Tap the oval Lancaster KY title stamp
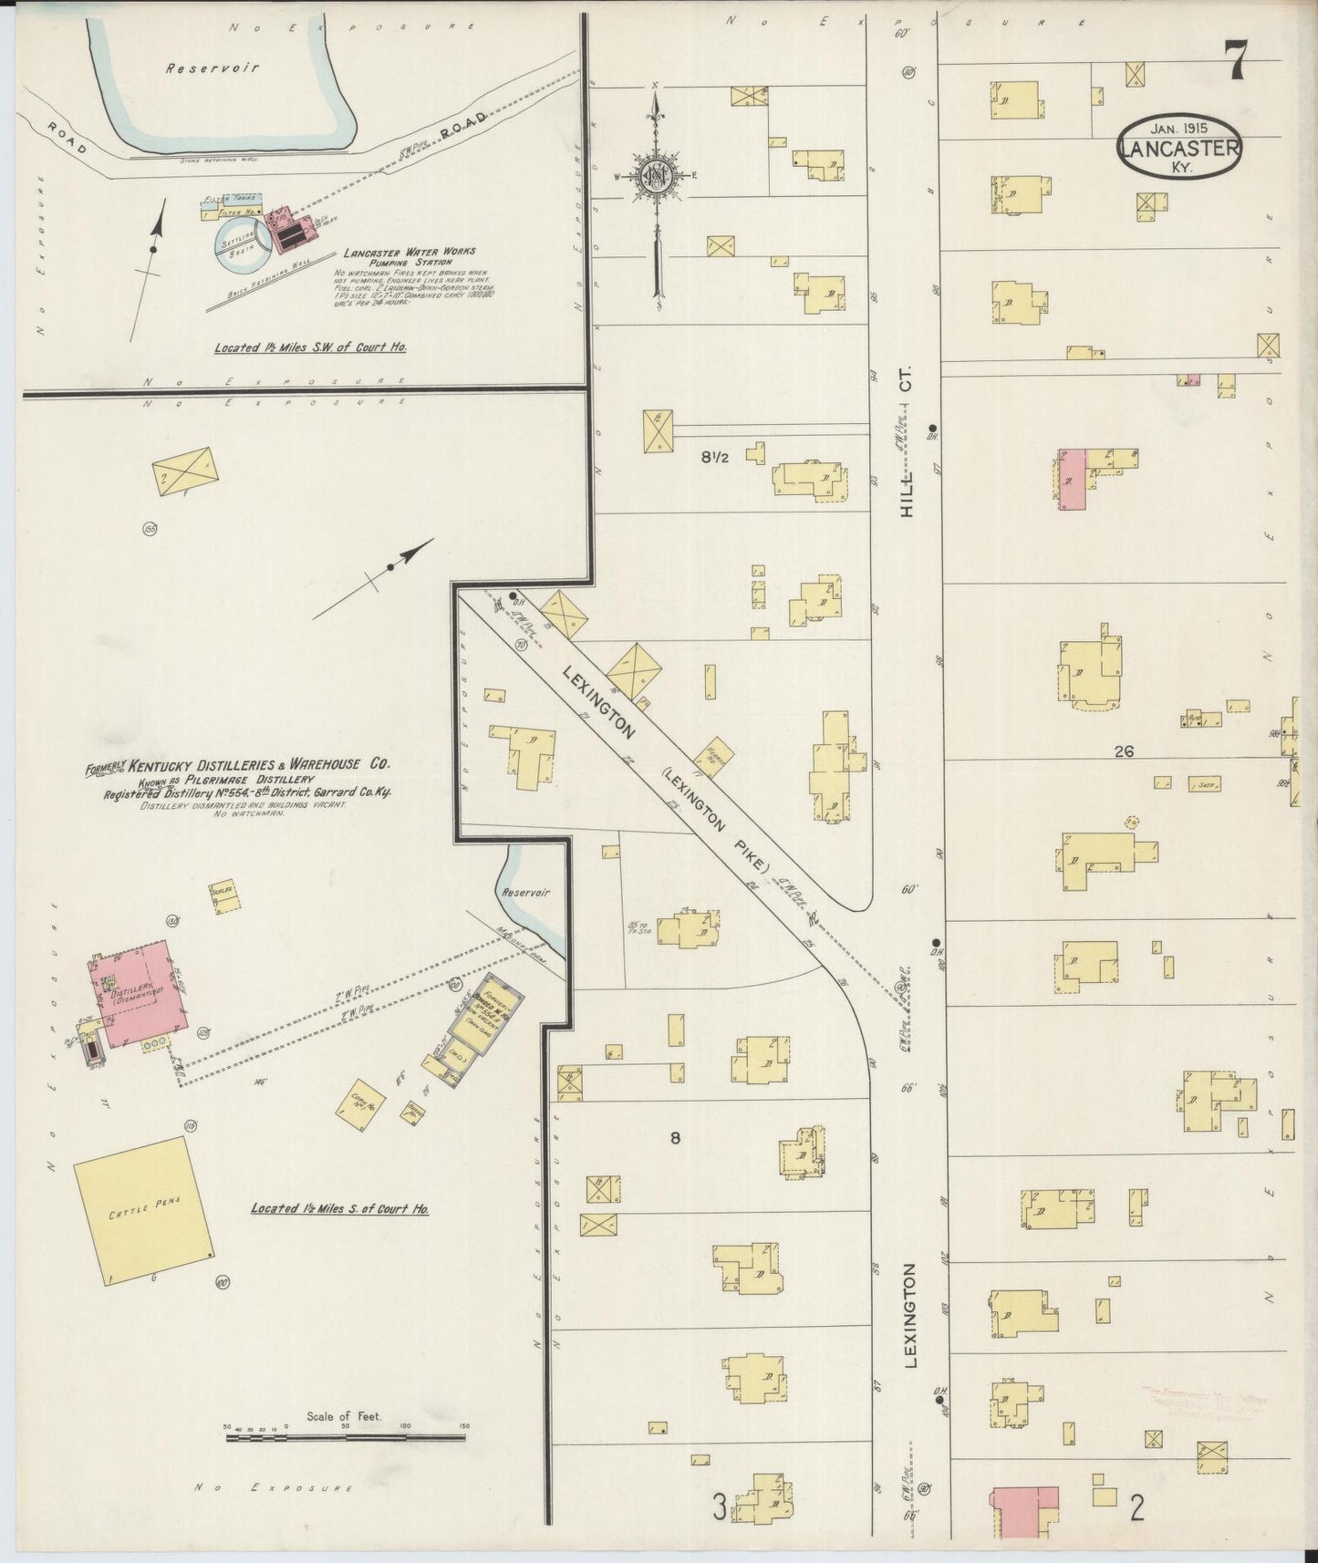click(1179, 145)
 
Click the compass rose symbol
click(656, 175)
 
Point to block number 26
click(1123, 751)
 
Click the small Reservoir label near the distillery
click(525, 894)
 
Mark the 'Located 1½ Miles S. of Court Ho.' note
click(340, 1209)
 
